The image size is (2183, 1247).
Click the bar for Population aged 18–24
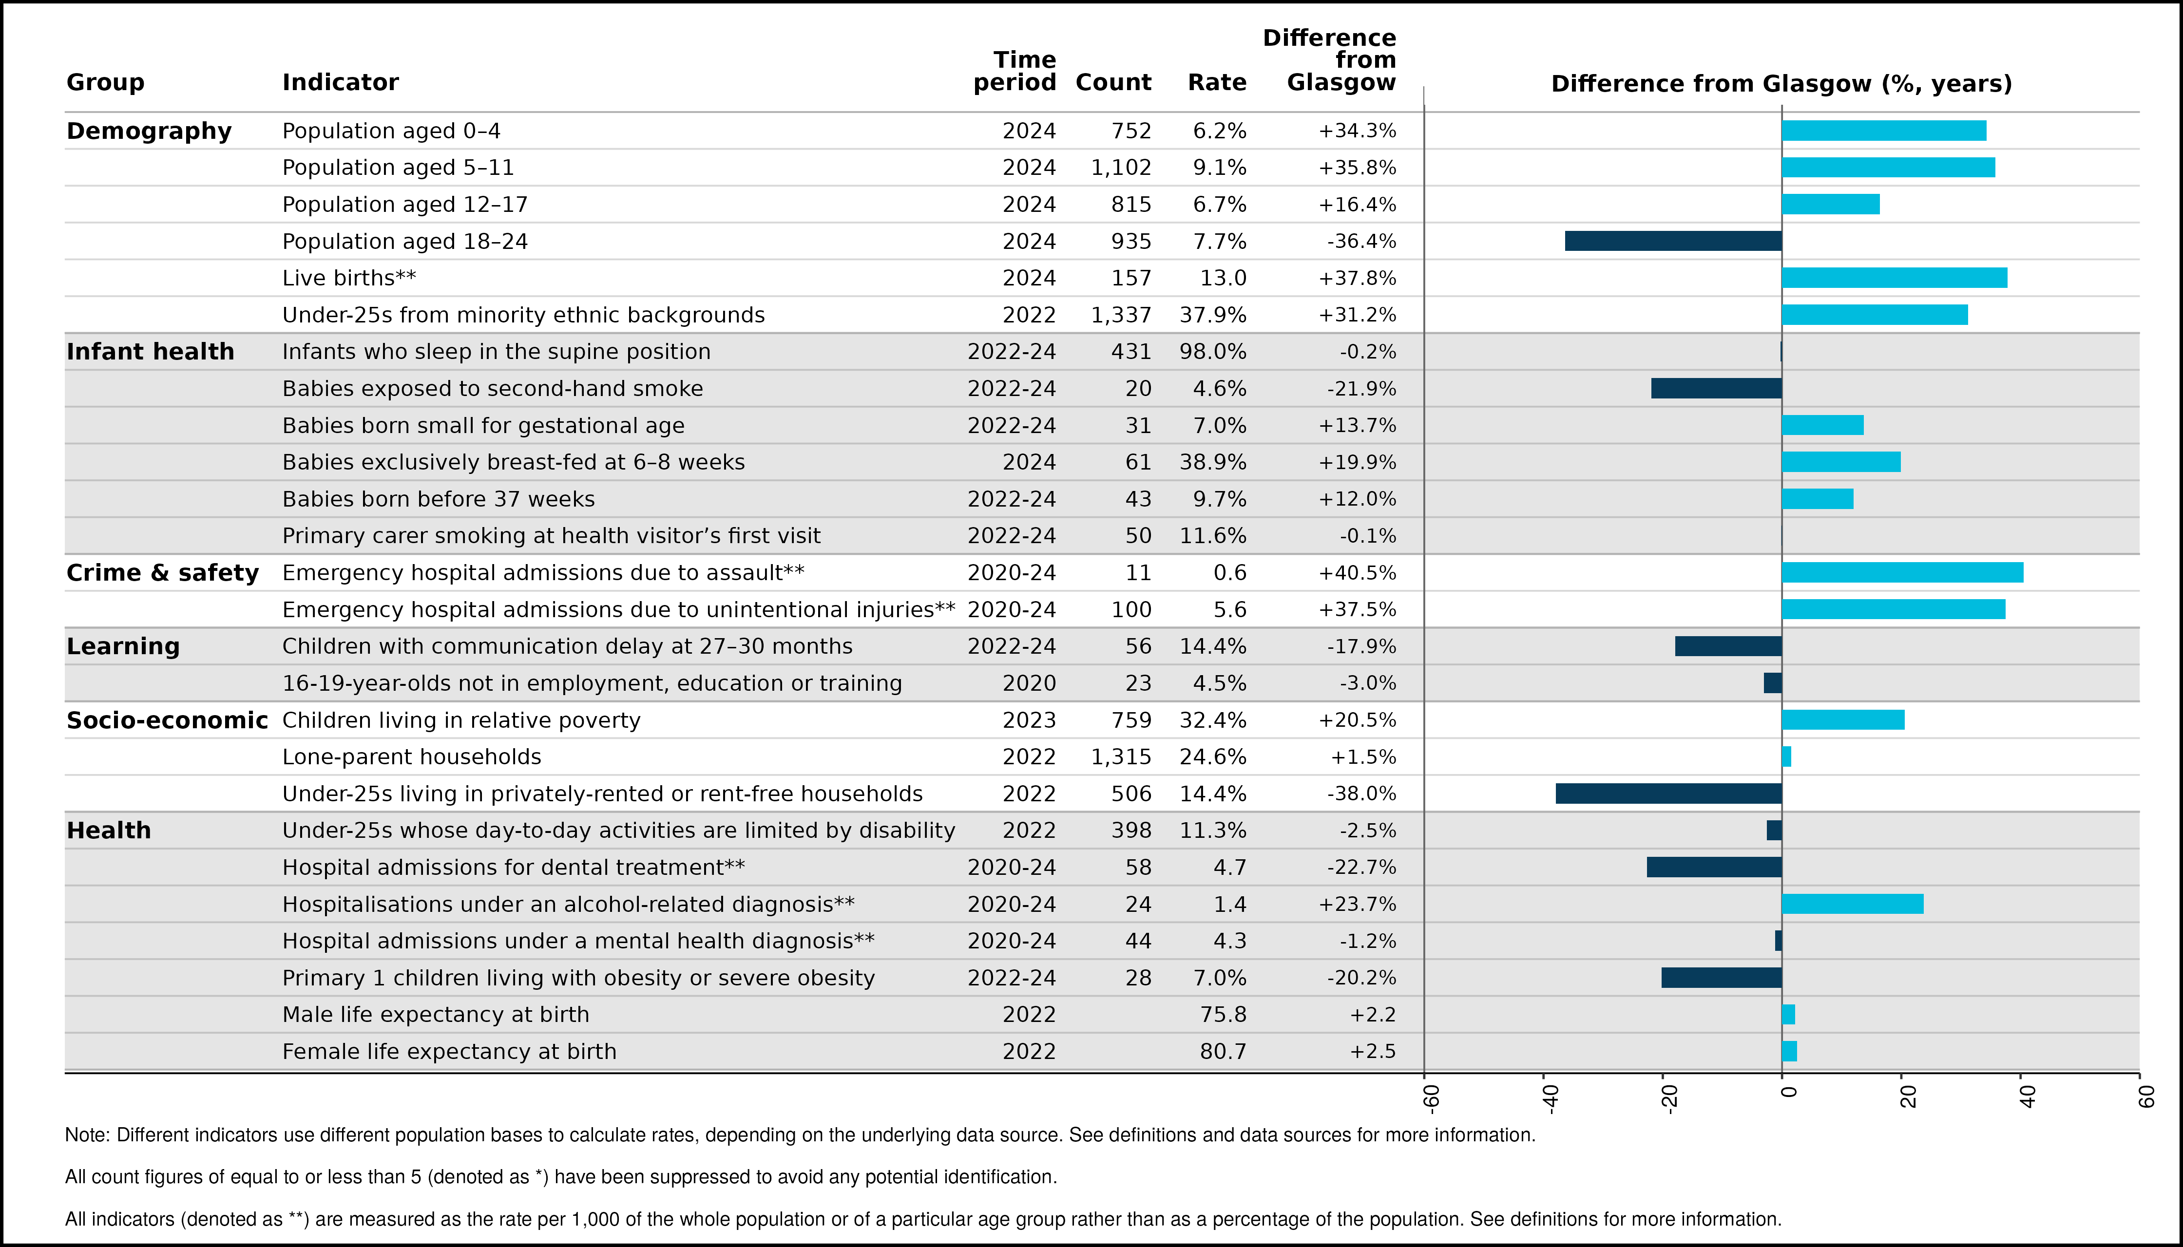point(1673,241)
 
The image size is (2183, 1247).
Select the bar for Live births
point(1894,278)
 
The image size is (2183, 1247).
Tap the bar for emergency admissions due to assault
point(1903,572)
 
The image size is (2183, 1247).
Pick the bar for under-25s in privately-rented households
point(1669,793)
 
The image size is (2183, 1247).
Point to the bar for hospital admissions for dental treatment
point(1714,867)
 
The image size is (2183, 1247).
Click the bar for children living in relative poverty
point(1843,719)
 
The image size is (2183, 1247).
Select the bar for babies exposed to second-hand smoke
point(1717,388)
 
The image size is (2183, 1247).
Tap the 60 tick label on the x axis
point(2145,1096)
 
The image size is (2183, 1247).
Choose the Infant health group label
point(150,351)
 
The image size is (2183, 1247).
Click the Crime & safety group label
point(163,572)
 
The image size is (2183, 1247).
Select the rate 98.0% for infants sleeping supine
point(1213,351)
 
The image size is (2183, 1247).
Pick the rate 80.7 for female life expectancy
point(1224,1051)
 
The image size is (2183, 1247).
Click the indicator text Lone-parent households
point(412,757)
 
